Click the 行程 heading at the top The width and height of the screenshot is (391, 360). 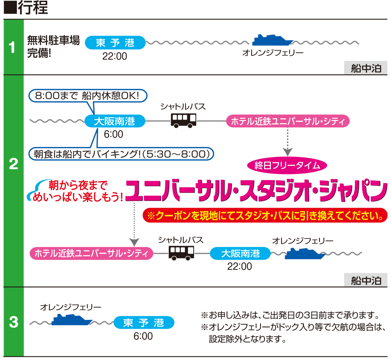click(33, 7)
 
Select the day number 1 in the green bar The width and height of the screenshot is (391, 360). click(12, 47)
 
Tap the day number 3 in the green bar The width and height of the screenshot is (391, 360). click(14, 322)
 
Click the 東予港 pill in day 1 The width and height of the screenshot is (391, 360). click(115, 43)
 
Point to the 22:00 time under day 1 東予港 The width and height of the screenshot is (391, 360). click(115, 56)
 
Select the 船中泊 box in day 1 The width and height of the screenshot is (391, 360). click(366, 68)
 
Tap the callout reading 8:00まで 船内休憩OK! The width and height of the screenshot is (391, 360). click(88, 96)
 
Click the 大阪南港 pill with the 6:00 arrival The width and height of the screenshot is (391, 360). click(115, 121)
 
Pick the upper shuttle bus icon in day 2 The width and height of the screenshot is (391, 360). click(183, 121)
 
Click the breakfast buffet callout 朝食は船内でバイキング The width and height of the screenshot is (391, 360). click(122, 154)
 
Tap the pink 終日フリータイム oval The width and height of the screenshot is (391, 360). click(287, 165)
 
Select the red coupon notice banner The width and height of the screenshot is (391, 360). click(265, 215)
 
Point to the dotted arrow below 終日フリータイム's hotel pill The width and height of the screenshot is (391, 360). click(288, 142)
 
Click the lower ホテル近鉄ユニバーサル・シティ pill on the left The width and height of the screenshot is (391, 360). click(91, 253)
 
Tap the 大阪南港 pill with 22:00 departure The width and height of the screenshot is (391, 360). click(240, 253)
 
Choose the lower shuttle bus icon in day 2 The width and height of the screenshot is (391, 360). click(182, 253)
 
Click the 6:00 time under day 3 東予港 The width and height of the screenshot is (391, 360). click(143, 336)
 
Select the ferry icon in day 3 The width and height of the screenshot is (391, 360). click(72, 320)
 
